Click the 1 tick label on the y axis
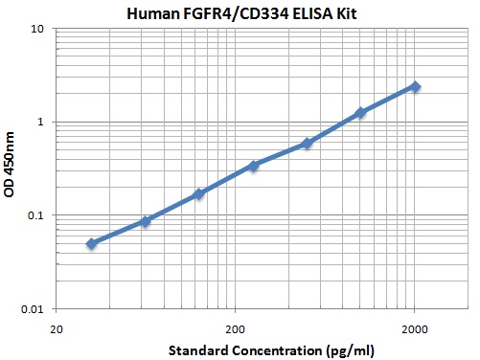click(x=41, y=122)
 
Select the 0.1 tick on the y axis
click(x=35, y=215)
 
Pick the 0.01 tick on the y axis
click(x=33, y=309)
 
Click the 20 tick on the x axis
click(x=57, y=327)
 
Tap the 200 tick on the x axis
click(x=235, y=327)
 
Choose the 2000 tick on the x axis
click(x=414, y=327)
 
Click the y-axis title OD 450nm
click(x=11, y=168)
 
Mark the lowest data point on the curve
click(x=92, y=244)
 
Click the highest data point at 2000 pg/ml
click(x=415, y=86)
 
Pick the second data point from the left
click(x=146, y=221)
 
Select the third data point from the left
click(x=199, y=194)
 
